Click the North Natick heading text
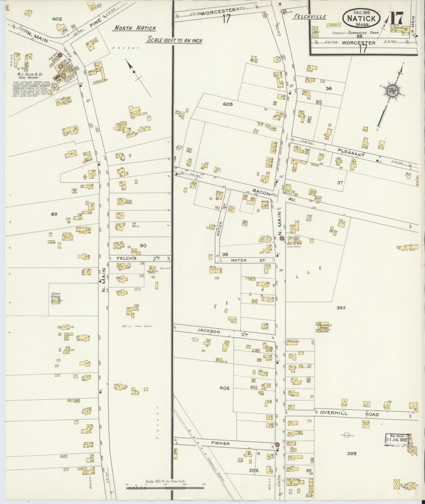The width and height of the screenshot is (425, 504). coord(135,28)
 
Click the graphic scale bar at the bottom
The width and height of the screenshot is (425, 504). coord(165,488)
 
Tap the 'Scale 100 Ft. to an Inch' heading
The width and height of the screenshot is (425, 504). coord(174,41)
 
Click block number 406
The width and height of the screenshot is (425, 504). coord(224,388)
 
